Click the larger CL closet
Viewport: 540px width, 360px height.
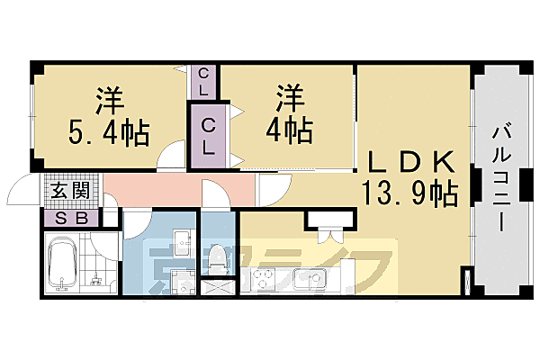coord(208,136)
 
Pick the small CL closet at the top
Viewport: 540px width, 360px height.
coord(204,82)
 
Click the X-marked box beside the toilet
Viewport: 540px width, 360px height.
coord(216,290)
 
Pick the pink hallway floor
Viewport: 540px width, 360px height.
coord(153,190)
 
